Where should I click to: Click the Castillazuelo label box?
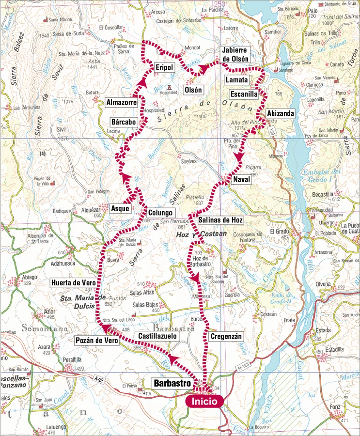pos(159,335)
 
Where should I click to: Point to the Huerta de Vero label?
pos(73,283)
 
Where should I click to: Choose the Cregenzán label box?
pos(226,336)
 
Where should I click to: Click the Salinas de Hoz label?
pos(220,220)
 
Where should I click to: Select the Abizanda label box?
pos(280,114)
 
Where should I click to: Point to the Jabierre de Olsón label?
pos(235,55)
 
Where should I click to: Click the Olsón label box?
pos(193,90)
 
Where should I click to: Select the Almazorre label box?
pos(121,102)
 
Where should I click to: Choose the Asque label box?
pos(120,209)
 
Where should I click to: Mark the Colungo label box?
pos(160,212)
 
